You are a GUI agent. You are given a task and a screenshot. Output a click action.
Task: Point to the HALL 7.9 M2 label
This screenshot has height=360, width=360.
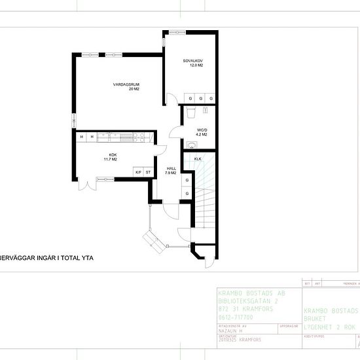171,171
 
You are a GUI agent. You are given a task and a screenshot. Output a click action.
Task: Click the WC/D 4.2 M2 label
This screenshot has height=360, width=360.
202,132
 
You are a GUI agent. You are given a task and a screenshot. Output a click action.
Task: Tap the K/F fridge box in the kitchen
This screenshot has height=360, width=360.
138,172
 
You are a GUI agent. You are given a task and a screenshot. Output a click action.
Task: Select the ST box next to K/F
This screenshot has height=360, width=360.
149,172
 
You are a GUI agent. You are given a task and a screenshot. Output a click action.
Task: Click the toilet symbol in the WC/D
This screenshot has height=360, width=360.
191,113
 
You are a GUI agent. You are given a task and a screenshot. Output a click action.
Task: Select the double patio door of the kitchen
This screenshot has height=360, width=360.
83,185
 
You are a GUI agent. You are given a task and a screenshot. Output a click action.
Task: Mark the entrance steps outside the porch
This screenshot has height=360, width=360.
154,243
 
